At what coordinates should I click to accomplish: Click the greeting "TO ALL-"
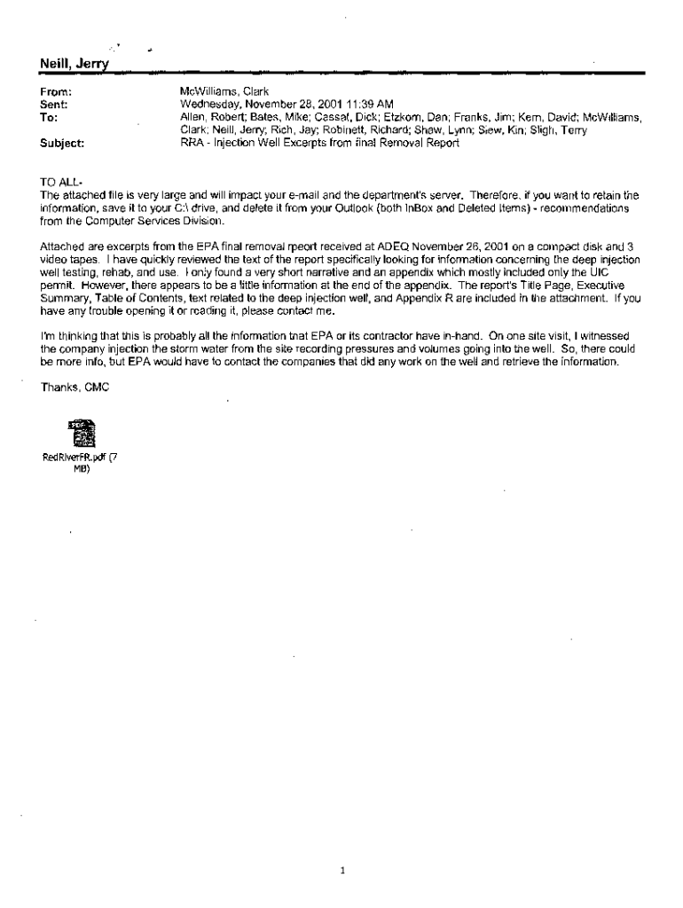62,182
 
